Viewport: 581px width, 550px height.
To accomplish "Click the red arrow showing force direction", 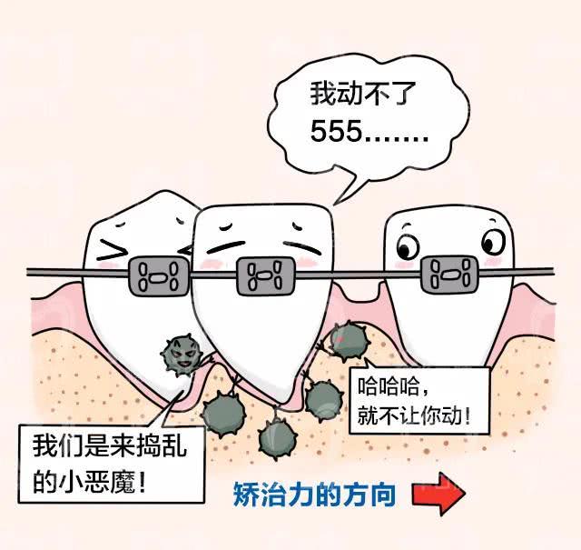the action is point(438,494).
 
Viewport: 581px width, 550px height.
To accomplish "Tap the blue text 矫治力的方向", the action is point(314,495).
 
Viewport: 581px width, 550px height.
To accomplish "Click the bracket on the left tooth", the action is point(158,275).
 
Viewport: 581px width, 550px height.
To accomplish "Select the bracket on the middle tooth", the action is point(266,276).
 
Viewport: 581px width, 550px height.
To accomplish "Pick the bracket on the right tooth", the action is point(450,275).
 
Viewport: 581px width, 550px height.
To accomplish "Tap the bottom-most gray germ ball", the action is point(277,439).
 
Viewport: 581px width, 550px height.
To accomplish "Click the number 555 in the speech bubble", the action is point(335,132).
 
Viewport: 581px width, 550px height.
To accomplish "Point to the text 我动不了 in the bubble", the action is point(363,94).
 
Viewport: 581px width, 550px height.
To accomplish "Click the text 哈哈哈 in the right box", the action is point(388,386).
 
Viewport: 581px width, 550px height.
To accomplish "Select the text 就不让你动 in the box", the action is point(409,415).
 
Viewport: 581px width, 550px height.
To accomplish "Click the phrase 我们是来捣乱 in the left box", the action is point(110,445).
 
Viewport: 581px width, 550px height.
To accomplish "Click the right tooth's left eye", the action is point(408,246).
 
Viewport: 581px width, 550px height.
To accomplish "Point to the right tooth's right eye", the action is point(493,242).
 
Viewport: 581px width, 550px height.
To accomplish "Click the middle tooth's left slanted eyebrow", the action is point(226,246).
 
